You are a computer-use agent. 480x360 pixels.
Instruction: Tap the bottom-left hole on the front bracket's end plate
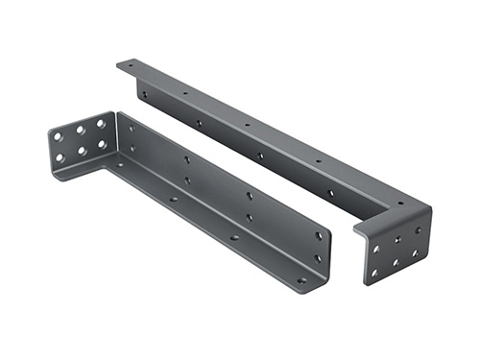tap(60, 158)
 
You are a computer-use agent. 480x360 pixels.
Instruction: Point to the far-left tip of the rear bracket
tap(119, 64)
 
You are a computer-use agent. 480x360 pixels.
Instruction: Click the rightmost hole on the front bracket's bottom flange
tap(301, 279)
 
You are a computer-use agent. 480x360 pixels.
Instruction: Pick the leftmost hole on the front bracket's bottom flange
tap(120, 166)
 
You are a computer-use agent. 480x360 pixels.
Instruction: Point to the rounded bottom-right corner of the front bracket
tap(325, 282)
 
